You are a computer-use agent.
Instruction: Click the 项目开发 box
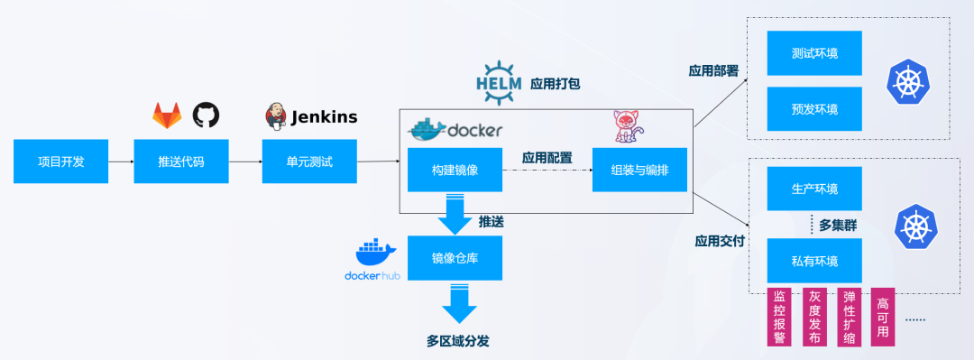point(60,162)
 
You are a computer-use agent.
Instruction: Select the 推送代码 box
point(181,162)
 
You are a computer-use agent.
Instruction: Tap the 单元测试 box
point(309,162)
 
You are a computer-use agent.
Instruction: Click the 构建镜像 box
point(455,171)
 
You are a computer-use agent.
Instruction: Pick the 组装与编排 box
point(639,171)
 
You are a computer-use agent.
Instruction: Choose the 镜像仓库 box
point(455,258)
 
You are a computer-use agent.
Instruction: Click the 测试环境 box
point(814,53)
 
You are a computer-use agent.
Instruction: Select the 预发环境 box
point(814,109)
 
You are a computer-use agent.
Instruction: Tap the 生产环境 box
point(814,189)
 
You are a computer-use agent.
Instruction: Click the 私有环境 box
point(814,261)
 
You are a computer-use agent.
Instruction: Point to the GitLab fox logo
point(166,115)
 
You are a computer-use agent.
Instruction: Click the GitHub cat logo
point(206,115)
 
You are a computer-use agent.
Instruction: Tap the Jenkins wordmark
point(323,116)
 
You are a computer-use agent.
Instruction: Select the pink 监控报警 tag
point(778,317)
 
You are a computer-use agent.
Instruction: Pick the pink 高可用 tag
point(883,317)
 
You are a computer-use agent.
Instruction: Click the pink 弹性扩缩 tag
point(849,317)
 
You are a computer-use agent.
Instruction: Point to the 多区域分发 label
point(459,341)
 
